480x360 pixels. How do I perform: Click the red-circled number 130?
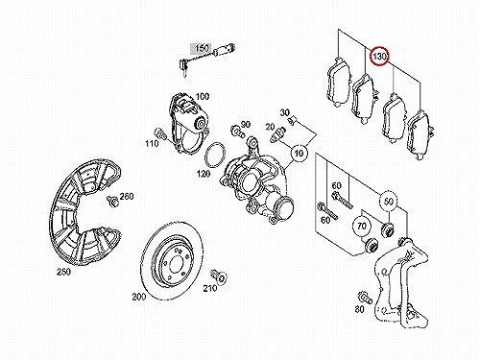(379, 57)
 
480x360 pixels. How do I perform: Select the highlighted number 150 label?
(203, 48)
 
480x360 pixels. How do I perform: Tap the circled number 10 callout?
(299, 154)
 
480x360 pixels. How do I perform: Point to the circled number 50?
(389, 202)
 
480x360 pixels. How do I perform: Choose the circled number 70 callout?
(361, 227)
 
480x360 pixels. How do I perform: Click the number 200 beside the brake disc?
(139, 297)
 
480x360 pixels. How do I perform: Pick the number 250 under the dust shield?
(63, 272)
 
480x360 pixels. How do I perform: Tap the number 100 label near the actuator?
(203, 96)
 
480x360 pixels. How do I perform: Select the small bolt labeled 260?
(112, 202)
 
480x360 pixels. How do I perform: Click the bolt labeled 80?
(365, 298)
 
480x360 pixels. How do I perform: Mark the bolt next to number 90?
(237, 132)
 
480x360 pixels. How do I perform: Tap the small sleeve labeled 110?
(159, 133)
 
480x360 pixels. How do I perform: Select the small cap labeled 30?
(293, 121)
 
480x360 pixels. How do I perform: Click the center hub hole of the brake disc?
(176, 264)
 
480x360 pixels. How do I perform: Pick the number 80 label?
(359, 309)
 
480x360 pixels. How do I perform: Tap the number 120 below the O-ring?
(204, 174)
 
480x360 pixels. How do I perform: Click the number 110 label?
(152, 143)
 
